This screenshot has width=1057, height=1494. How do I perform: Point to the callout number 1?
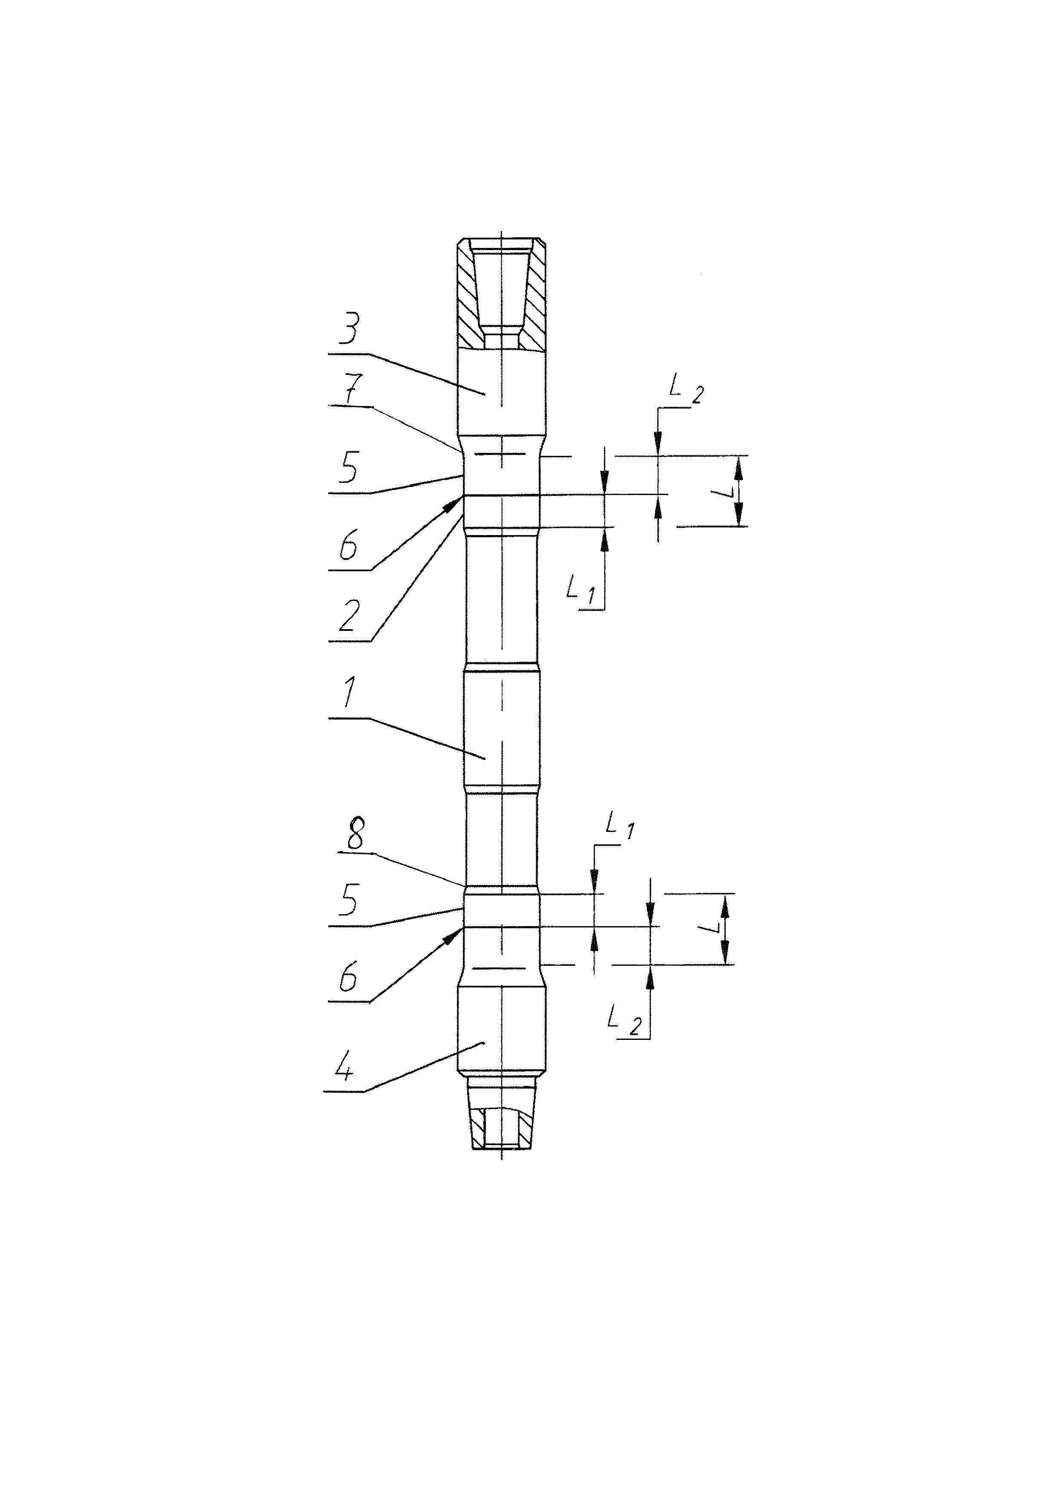point(349,694)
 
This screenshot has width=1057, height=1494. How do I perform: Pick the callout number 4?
point(344,1069)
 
